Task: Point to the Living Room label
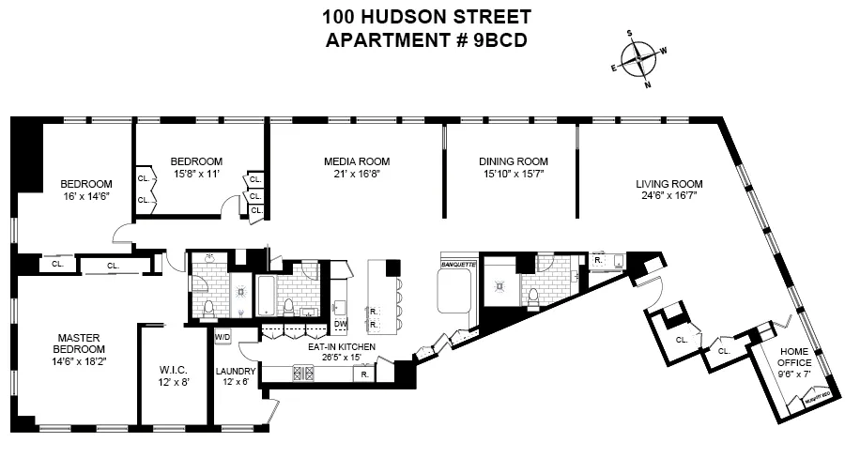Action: pos(669,184)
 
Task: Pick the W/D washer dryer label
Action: pos(223,336)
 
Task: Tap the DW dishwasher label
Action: pos(340,324)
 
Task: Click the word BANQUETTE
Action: pos(458,266)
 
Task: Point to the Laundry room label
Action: pos(235,371)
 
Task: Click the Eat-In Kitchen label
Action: pos(342,346)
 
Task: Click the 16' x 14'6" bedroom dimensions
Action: pos(85,196)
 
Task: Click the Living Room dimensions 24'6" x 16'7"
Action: pos(669,197)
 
